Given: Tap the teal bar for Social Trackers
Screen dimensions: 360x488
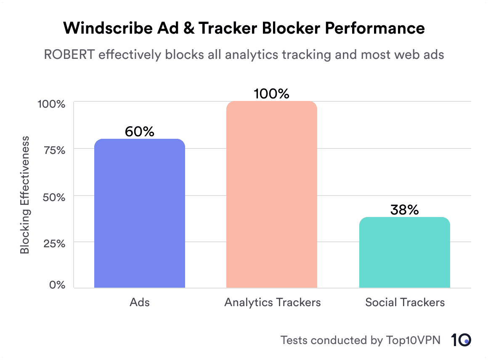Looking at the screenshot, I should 404,253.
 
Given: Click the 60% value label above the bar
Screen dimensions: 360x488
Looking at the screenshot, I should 140,132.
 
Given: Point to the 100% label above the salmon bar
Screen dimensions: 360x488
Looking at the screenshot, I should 272,93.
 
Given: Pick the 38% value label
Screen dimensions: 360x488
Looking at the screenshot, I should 404,209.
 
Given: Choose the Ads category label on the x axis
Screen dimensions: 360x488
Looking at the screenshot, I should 140,302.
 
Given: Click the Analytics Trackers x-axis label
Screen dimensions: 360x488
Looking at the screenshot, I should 272,302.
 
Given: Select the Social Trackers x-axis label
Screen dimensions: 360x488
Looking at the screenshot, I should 405,302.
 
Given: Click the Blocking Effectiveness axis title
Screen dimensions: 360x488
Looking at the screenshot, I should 25,195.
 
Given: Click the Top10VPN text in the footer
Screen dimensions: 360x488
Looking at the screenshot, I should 413,340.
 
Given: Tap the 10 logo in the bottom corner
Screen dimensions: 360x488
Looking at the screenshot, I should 461,340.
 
